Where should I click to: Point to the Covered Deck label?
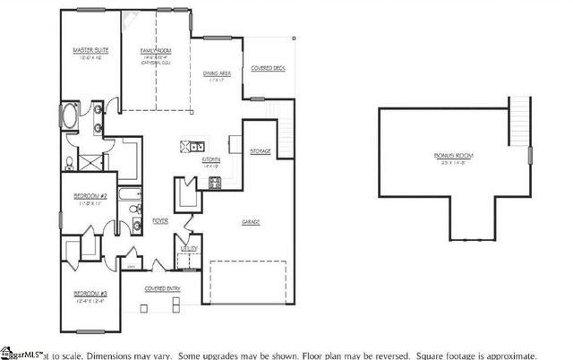pos(269,68)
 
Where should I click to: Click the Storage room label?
pos(261,150)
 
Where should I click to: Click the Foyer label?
pos(159,219)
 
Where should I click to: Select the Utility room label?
pos(189,248)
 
